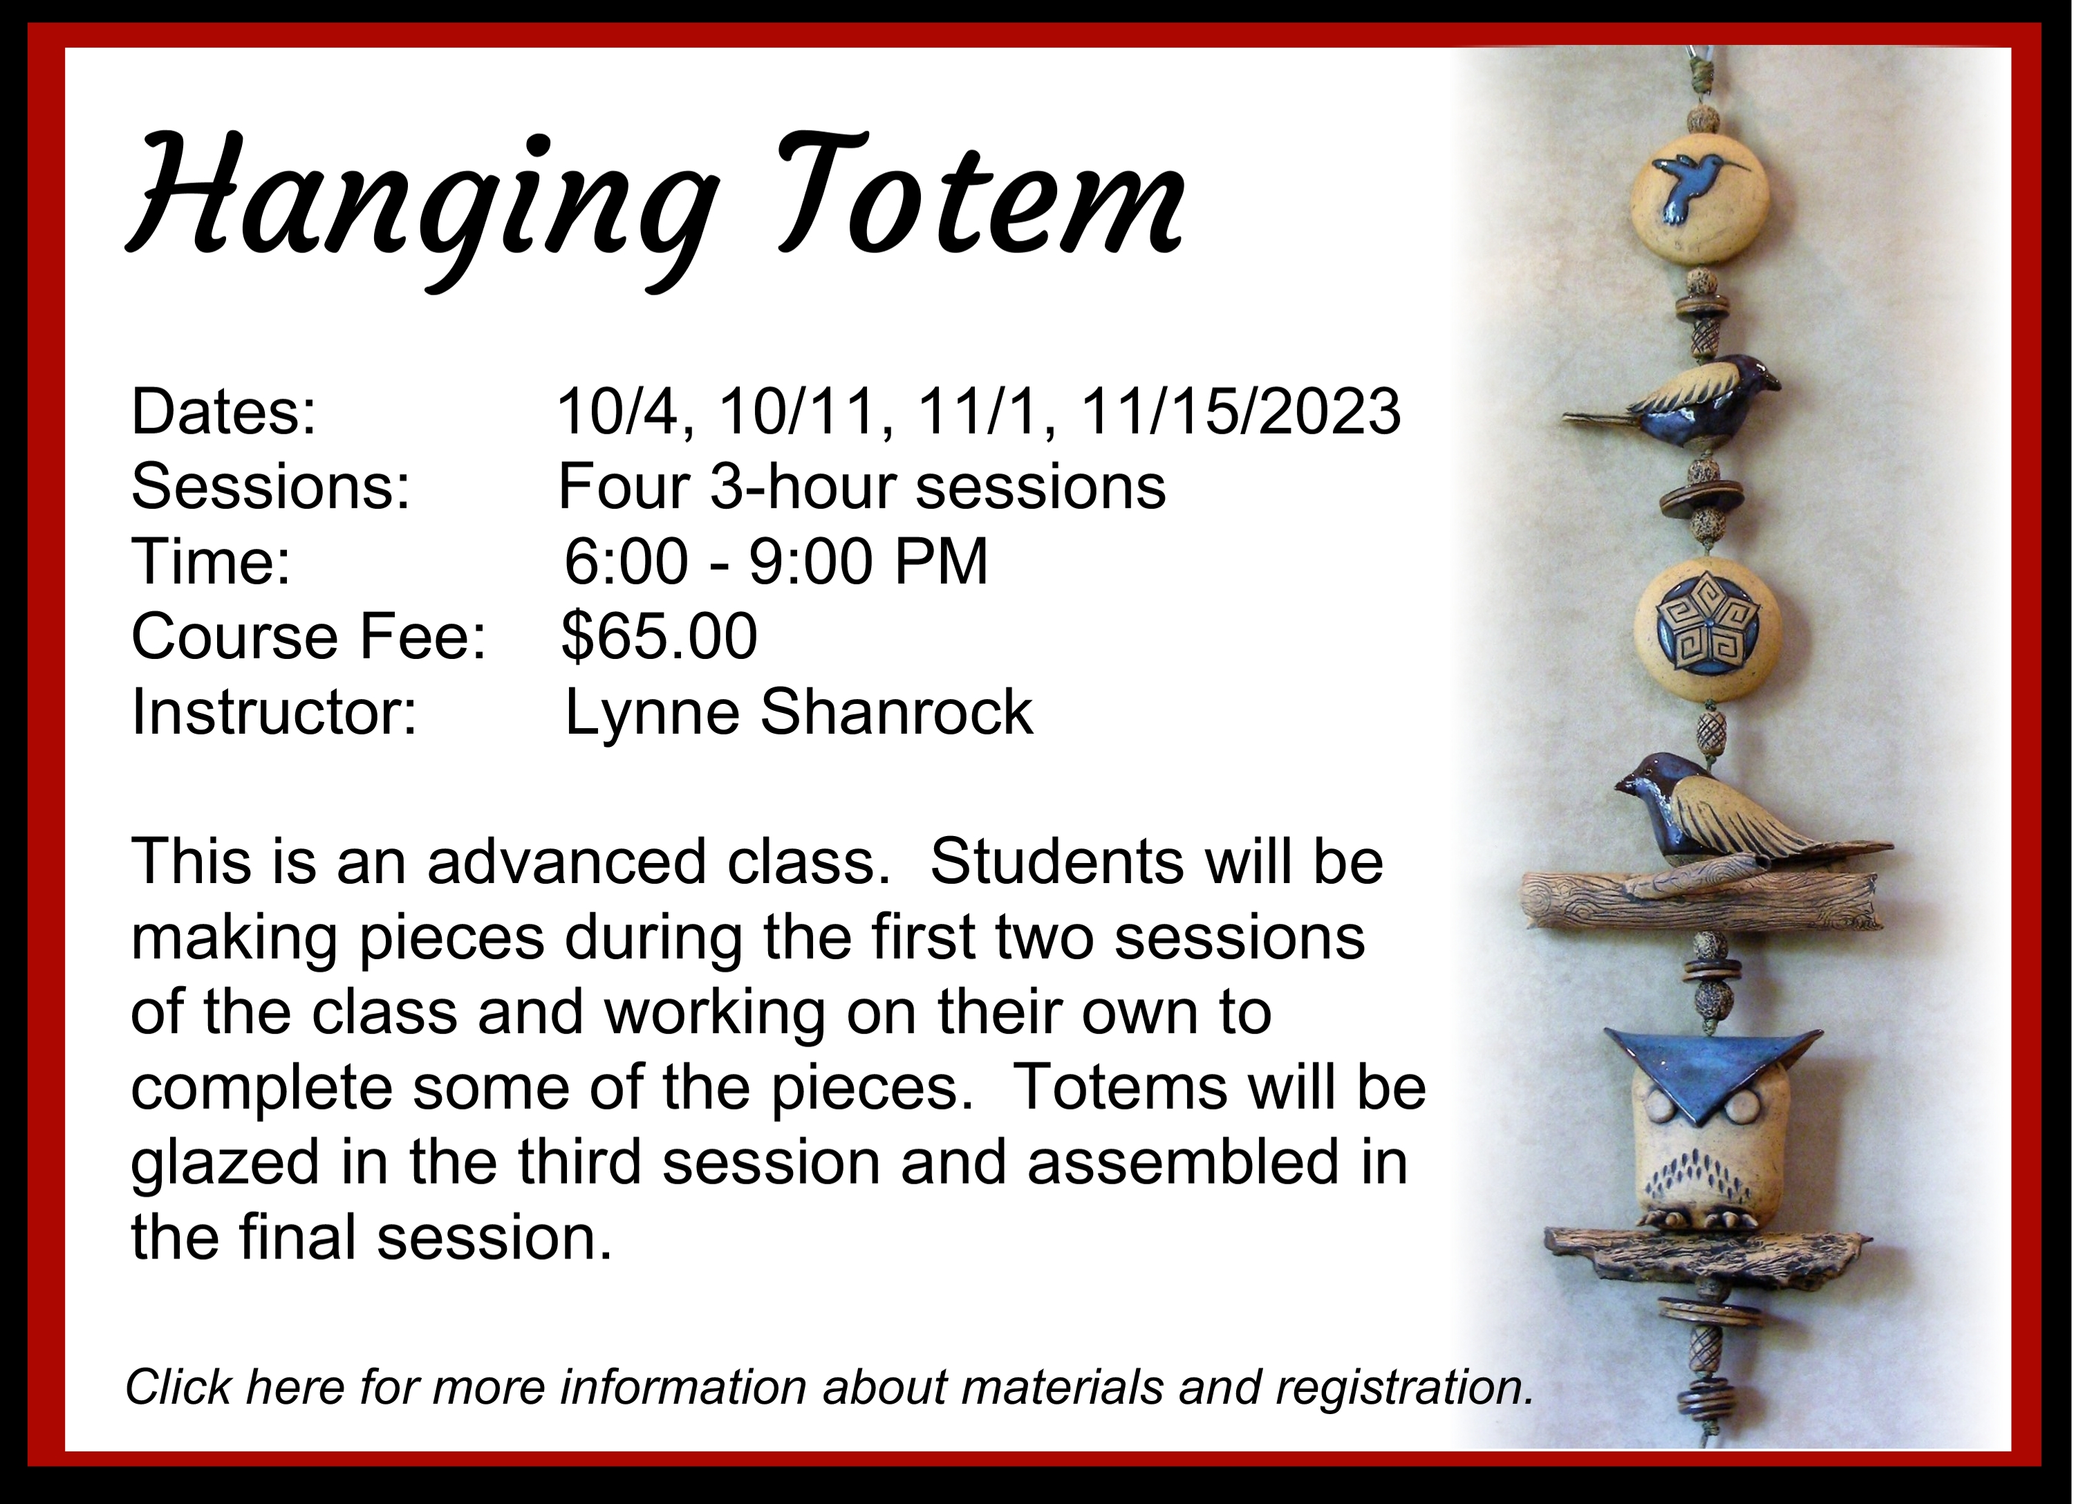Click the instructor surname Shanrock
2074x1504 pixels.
click(x=896, y=712)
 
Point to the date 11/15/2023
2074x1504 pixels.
click(x=1241, y=411)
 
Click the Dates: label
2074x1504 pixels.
click(x=224, y=411)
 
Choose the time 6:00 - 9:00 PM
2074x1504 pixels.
click(x=776, y=561)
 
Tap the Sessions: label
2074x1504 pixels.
click(x=271, y=487)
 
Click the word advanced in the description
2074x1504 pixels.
click(x=568, y=861)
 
